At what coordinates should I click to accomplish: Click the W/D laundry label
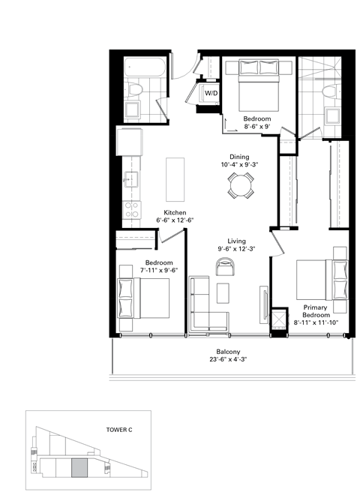(x=211, y=94)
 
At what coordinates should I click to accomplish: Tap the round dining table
(x=241, y=184)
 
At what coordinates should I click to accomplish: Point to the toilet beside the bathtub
(x=135, y=90)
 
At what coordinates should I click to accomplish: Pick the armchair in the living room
(x=224, y=265)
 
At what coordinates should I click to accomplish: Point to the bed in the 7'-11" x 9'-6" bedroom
(x=142, y=298)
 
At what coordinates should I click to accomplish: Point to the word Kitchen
(x=174, y=211)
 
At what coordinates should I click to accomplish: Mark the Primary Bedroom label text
(x=317, y=311)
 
